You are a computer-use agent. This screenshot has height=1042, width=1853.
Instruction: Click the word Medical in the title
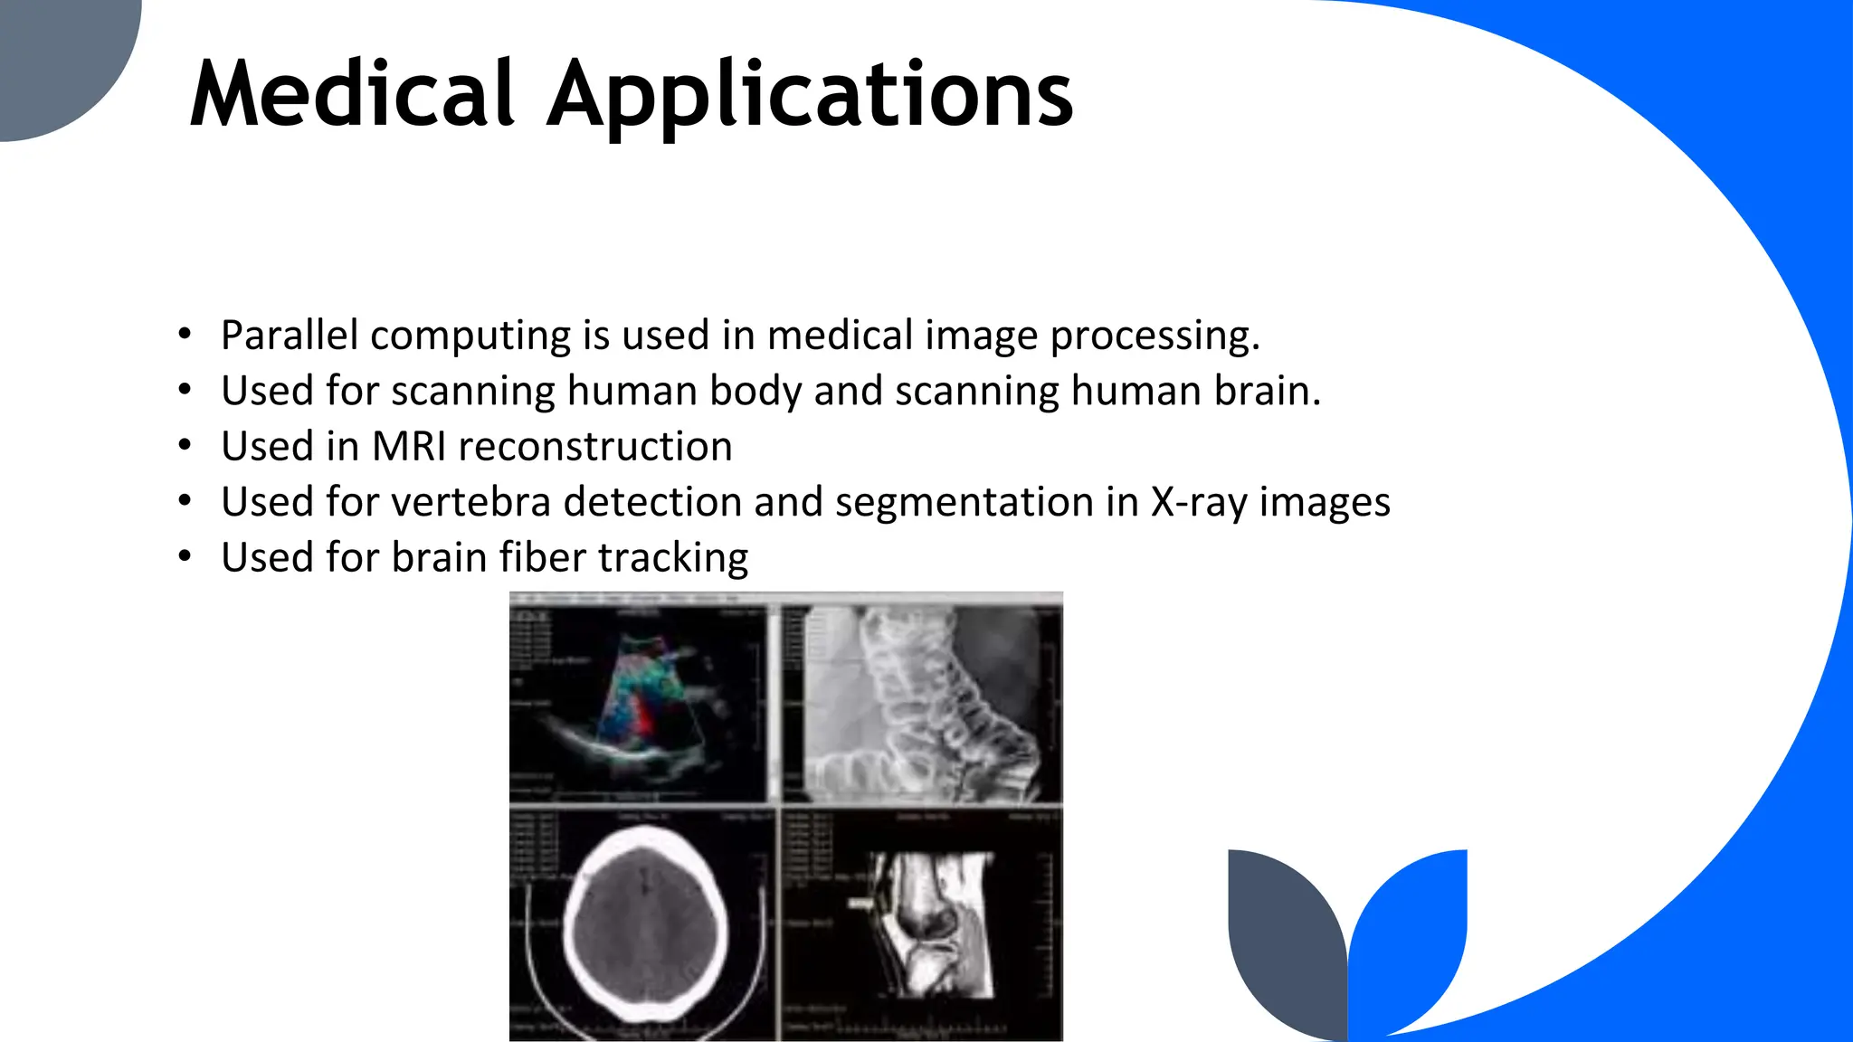(x=353, y=94)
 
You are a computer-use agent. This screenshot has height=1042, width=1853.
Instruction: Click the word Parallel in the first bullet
(x=290, y=336)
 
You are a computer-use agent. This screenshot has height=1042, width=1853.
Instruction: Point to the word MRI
(x=409, y=447)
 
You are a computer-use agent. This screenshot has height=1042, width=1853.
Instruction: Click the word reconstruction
(x=595, y=447)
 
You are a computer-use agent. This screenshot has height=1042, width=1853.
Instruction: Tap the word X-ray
(x=1199, y=503)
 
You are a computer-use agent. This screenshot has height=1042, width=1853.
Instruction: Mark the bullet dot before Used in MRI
(x=185, y=446)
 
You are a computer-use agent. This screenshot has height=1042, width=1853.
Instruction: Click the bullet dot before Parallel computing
(x=185, y=335)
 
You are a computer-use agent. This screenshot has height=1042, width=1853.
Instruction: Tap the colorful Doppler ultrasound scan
(x=638, y=701)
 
